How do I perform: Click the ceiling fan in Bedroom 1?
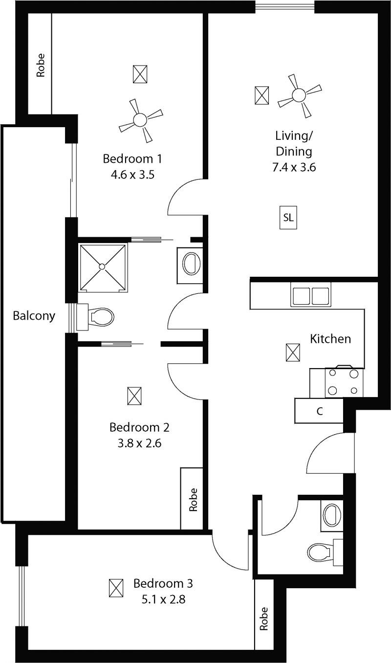[140, 120]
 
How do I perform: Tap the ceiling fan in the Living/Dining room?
[299, 95]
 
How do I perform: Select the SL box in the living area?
[288, 218]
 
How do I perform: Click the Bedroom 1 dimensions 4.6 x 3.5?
[132, 175]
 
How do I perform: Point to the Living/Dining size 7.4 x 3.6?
[294, 167]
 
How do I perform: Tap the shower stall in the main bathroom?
[102, 266]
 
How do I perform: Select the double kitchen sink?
[310, 295]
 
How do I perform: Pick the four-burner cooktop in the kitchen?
[344, 382]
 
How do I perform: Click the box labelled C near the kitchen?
[319, 411]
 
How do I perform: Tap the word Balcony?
[34, 316]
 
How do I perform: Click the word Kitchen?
[330, 339]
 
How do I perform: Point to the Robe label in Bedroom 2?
[193, 500]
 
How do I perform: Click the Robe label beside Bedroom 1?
[41, 66]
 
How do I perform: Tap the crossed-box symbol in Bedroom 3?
[116, 588]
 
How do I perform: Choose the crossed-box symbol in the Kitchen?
[293, 353]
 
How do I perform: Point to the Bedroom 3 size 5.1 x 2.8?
[163, 599]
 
